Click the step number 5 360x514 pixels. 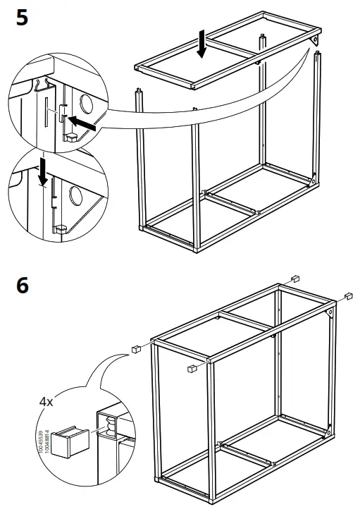coord(22,16)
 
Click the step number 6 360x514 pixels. coord(22,286)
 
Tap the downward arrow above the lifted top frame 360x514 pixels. coord(202,44)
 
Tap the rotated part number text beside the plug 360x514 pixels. coord(43,441)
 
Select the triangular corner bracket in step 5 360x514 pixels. coord(314,43)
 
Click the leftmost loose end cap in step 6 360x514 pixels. coord(132,348)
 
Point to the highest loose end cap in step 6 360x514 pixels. coord(296,276)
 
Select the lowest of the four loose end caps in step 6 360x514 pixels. coord(191,368)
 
